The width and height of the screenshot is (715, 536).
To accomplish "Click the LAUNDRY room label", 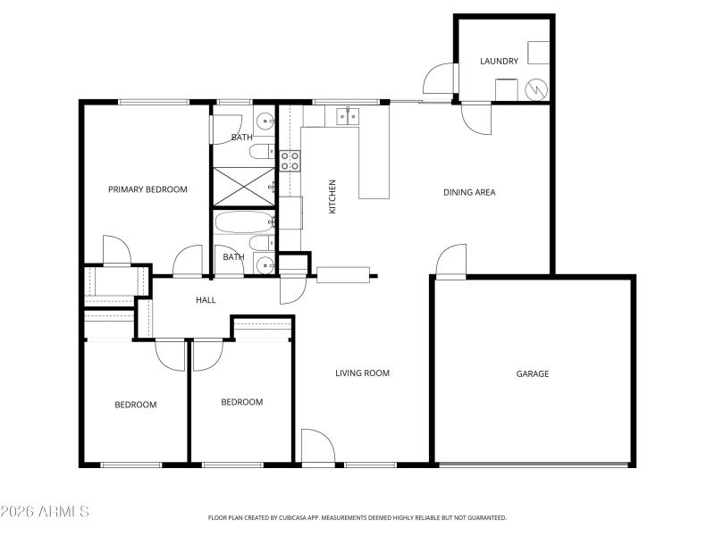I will coord(499,61).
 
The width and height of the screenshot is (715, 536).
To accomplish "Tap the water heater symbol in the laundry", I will coord(536,89).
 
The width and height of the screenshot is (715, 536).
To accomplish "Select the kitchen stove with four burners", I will coord(290,161).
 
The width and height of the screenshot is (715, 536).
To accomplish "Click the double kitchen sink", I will coord(348,114).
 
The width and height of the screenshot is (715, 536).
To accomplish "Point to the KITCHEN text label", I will coord(332,196).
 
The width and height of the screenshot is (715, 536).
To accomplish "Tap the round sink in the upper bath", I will coord(265,120).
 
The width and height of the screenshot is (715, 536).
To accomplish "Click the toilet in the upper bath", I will coord(260,151).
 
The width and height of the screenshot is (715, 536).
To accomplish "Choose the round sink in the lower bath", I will coord(265,264).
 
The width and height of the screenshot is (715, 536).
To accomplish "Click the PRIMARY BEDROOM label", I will coord(147,189).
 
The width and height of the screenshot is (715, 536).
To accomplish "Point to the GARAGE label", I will coord(533,373).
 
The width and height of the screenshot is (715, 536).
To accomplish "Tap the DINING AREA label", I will coord(469,192).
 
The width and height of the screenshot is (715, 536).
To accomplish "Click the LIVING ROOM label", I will coord(362,373).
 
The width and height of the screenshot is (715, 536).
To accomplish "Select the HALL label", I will coord(206,300).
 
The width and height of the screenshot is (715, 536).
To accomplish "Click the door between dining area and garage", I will coord(451,263).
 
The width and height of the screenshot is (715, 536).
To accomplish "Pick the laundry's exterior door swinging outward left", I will coord(440,79).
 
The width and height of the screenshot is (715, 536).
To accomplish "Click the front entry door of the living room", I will coord(317,448).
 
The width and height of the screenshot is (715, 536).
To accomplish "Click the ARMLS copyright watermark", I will coord(45,512).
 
